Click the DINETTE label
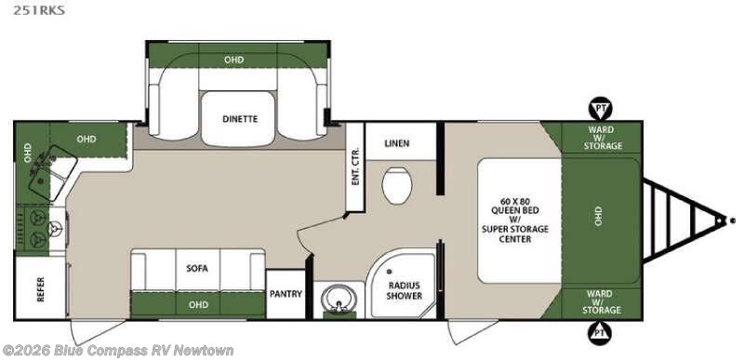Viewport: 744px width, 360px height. [x=240, y=119]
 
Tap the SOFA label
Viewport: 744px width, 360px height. [x=197, y=269]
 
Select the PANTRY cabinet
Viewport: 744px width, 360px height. [x=286, y=294]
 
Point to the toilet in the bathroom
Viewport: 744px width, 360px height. [x=397, y=186]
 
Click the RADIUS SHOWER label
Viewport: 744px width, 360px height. [x=404, y=290]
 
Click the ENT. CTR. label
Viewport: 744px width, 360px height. [x=356, y=167]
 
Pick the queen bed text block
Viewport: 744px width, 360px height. [x=515, y=220]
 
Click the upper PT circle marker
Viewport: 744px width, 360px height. [x=600, y=109]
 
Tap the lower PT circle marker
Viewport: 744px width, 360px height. [x=600, y=332]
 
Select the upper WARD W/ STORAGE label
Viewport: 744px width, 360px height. [x=602, y=138]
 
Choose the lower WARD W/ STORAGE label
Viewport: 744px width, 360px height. [x=602, y=302]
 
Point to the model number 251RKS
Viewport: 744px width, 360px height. [x=39, y=10]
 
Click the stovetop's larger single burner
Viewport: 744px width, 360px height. [x=54, y=230]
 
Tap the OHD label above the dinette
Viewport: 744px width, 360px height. [x=234, y=60]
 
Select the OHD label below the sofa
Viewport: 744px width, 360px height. [x=198, y=304]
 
